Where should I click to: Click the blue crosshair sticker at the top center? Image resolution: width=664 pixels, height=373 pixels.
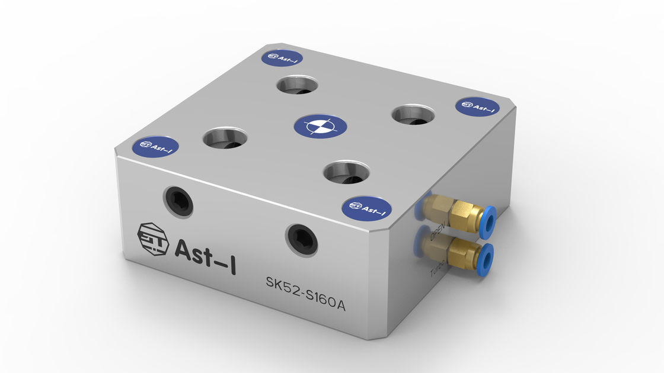coord(321,126)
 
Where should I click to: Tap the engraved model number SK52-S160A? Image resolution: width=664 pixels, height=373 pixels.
coord(305,294)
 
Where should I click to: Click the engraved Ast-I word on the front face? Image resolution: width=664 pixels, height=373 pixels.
coord(205,250)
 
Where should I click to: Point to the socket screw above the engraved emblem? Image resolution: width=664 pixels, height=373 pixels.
coord(178,201)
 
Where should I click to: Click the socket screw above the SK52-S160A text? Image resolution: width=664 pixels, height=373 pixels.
coord(301,238)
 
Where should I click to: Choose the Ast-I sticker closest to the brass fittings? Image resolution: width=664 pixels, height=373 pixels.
coord(367,208)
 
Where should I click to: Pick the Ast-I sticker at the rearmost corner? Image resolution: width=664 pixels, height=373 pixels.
coord(283,57)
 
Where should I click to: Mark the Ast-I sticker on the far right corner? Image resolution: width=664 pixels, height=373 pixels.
coord(477,107)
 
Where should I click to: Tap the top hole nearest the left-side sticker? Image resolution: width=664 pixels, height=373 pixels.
coord(225,139)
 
